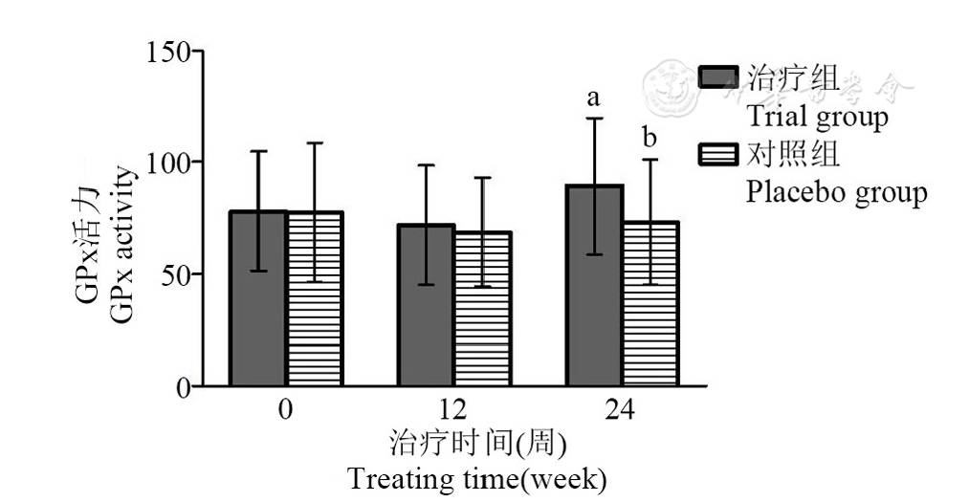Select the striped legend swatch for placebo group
point(717,154)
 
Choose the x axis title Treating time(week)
point(476,478)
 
